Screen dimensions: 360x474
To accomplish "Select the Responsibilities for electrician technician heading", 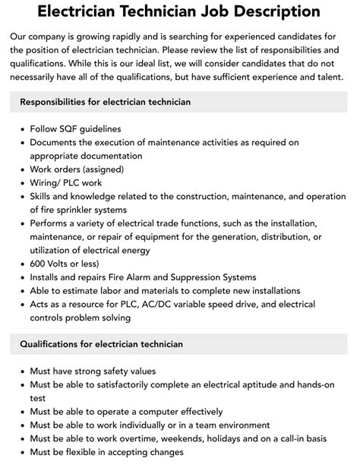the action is [106, 102].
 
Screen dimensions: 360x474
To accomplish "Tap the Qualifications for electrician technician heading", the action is [101, 344].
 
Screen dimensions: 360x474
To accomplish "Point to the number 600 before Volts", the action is [39, 263].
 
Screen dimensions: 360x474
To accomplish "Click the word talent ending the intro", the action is [328, 77].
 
